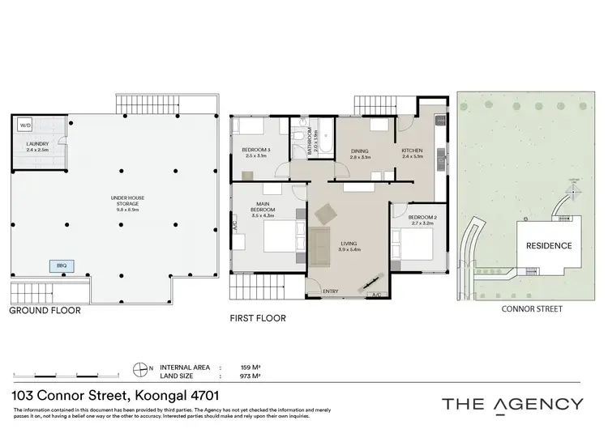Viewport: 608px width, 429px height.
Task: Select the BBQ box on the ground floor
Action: (61, 265)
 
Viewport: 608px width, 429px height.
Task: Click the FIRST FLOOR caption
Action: (258, 318)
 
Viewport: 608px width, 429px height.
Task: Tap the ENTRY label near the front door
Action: (331, 291)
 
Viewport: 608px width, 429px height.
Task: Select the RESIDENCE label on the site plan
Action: (550, 245)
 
